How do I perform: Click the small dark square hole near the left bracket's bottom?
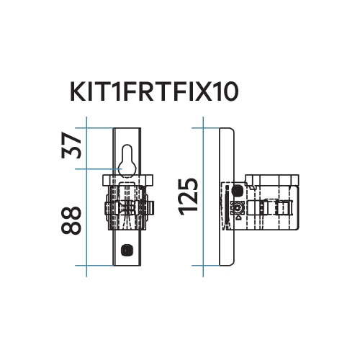coord(127,249)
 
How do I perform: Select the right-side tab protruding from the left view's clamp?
coord(153,207)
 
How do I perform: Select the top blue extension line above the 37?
coord(97,128)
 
